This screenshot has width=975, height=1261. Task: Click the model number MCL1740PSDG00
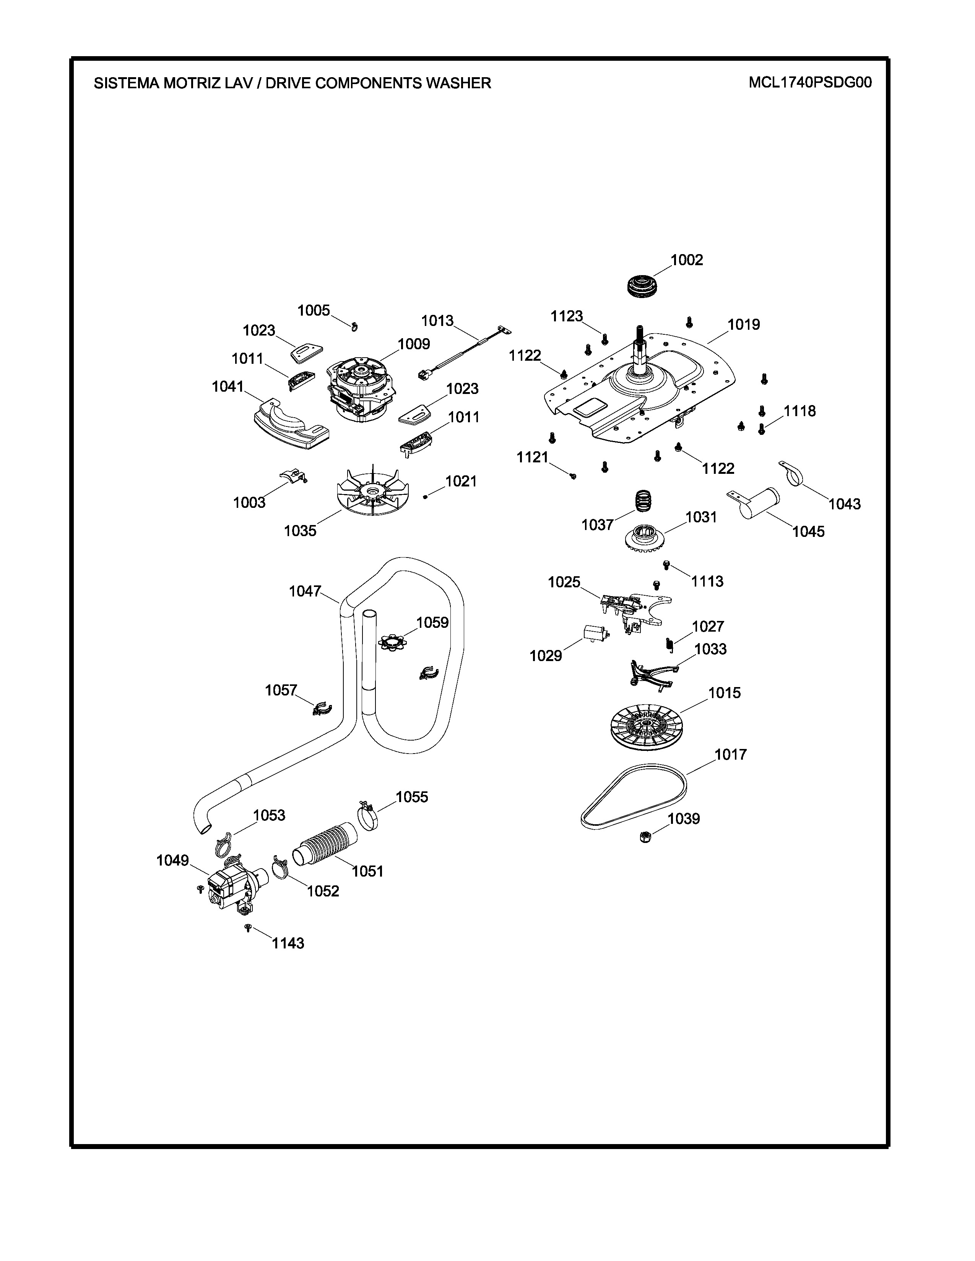(810, 83)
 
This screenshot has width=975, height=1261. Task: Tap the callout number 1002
(687, 260)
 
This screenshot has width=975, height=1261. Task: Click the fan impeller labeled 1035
(374, 493)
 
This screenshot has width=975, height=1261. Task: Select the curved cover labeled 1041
(290, 424)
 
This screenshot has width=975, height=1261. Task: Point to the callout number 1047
(305, 591)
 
